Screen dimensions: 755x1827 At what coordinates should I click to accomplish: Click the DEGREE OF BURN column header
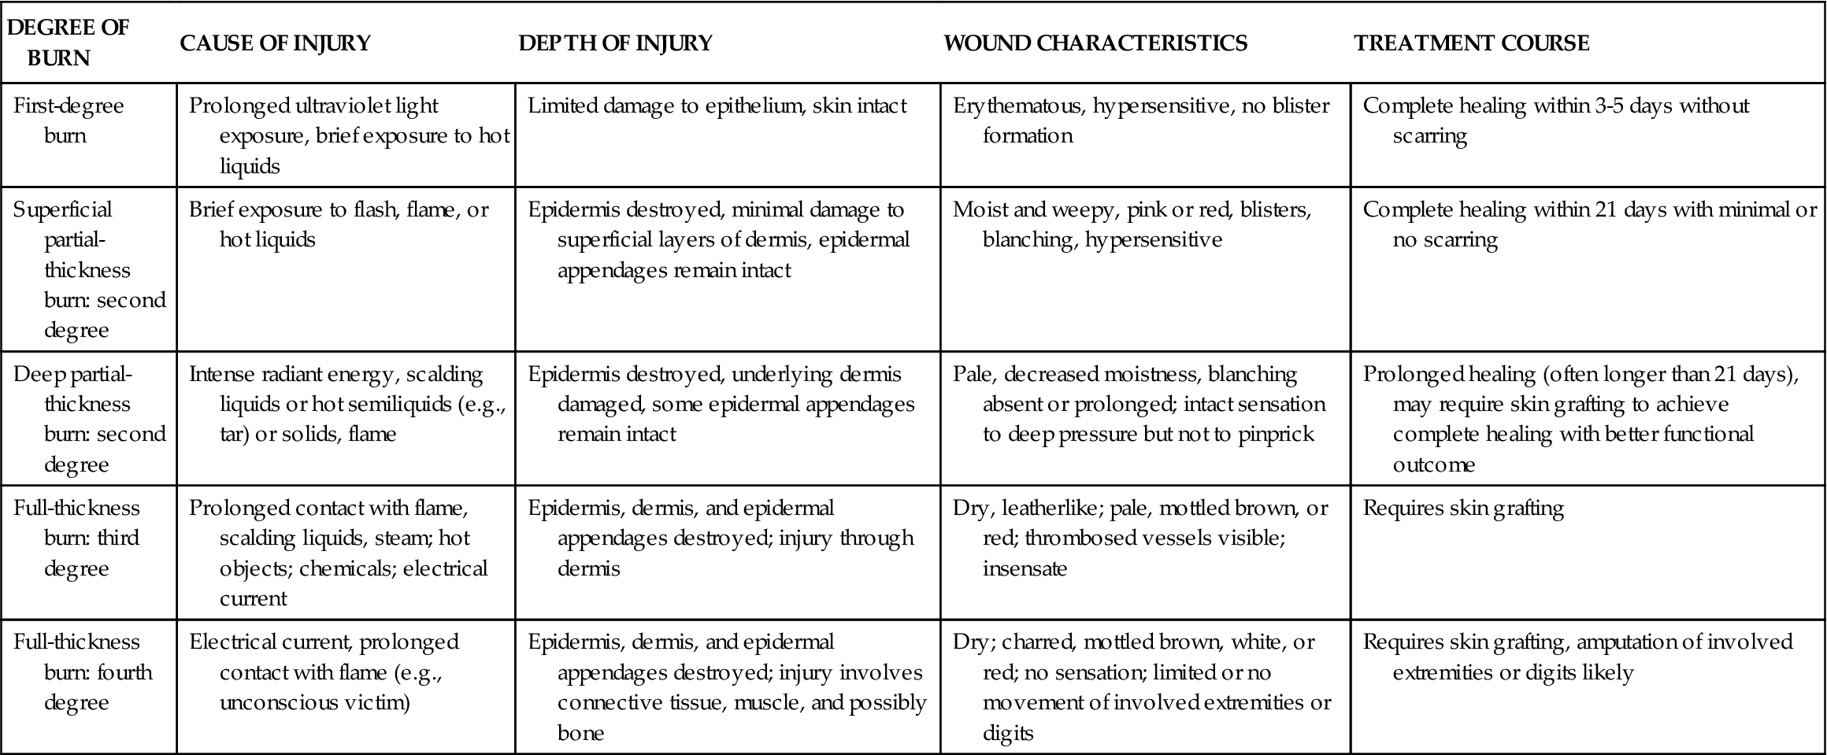click(x=68, y=43)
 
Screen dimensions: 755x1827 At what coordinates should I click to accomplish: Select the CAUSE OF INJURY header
click(x=275, y=43)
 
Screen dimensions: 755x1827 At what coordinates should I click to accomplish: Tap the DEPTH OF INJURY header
click(x=615, y=43)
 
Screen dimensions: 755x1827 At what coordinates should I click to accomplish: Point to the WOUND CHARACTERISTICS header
click(x=1095, y=43)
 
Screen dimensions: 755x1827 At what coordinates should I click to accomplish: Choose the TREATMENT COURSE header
click(x=1471, y=43)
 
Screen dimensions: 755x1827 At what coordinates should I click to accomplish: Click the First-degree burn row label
click(x=69, y=120)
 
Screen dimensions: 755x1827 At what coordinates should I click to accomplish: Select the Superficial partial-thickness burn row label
click(x=88, y=268)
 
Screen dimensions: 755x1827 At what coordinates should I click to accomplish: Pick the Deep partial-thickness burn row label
click(x=88, y=418)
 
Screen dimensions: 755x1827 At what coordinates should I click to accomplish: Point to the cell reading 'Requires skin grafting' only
click(x=1463, y=509)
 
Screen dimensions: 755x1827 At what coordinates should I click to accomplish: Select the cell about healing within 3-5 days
click(x=1555, y=120)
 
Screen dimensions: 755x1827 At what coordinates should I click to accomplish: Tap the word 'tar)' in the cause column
click(x=233, y=434)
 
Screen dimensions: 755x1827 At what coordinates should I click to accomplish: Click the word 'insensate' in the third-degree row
click(x=1025, y=568)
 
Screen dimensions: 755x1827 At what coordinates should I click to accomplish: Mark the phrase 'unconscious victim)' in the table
click(x=314, y=702)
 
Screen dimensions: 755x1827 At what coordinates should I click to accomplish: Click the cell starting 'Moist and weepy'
click(x=1132, y=224)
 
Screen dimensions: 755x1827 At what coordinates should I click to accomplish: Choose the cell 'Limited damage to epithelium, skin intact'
click(x=717, y=105)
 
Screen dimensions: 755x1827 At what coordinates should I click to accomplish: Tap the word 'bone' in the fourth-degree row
click(x=580, y=733)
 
